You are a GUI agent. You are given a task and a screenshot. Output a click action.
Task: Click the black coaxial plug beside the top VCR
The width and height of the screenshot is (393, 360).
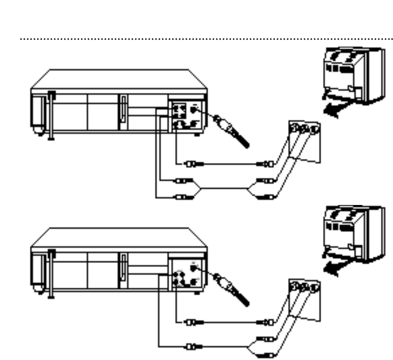click(230, 131)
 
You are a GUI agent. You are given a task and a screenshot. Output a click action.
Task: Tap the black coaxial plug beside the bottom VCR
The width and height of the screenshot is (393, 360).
click(230, 291)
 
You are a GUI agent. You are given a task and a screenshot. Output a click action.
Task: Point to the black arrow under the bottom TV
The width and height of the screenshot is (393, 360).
click(335, 268)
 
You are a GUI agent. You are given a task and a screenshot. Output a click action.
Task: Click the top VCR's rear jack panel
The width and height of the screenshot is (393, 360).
click(186, 116)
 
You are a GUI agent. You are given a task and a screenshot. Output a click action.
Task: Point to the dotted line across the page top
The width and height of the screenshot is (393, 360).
click(206, 39)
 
